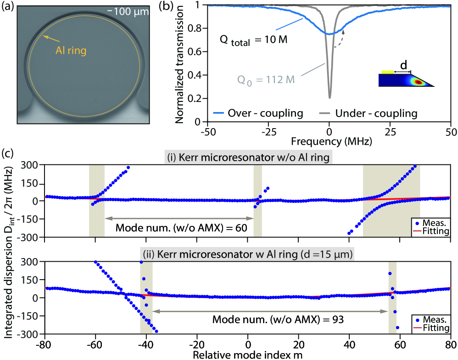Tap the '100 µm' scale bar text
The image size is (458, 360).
131,11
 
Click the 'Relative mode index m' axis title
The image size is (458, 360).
248,355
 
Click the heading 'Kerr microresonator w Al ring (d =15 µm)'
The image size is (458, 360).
248,254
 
